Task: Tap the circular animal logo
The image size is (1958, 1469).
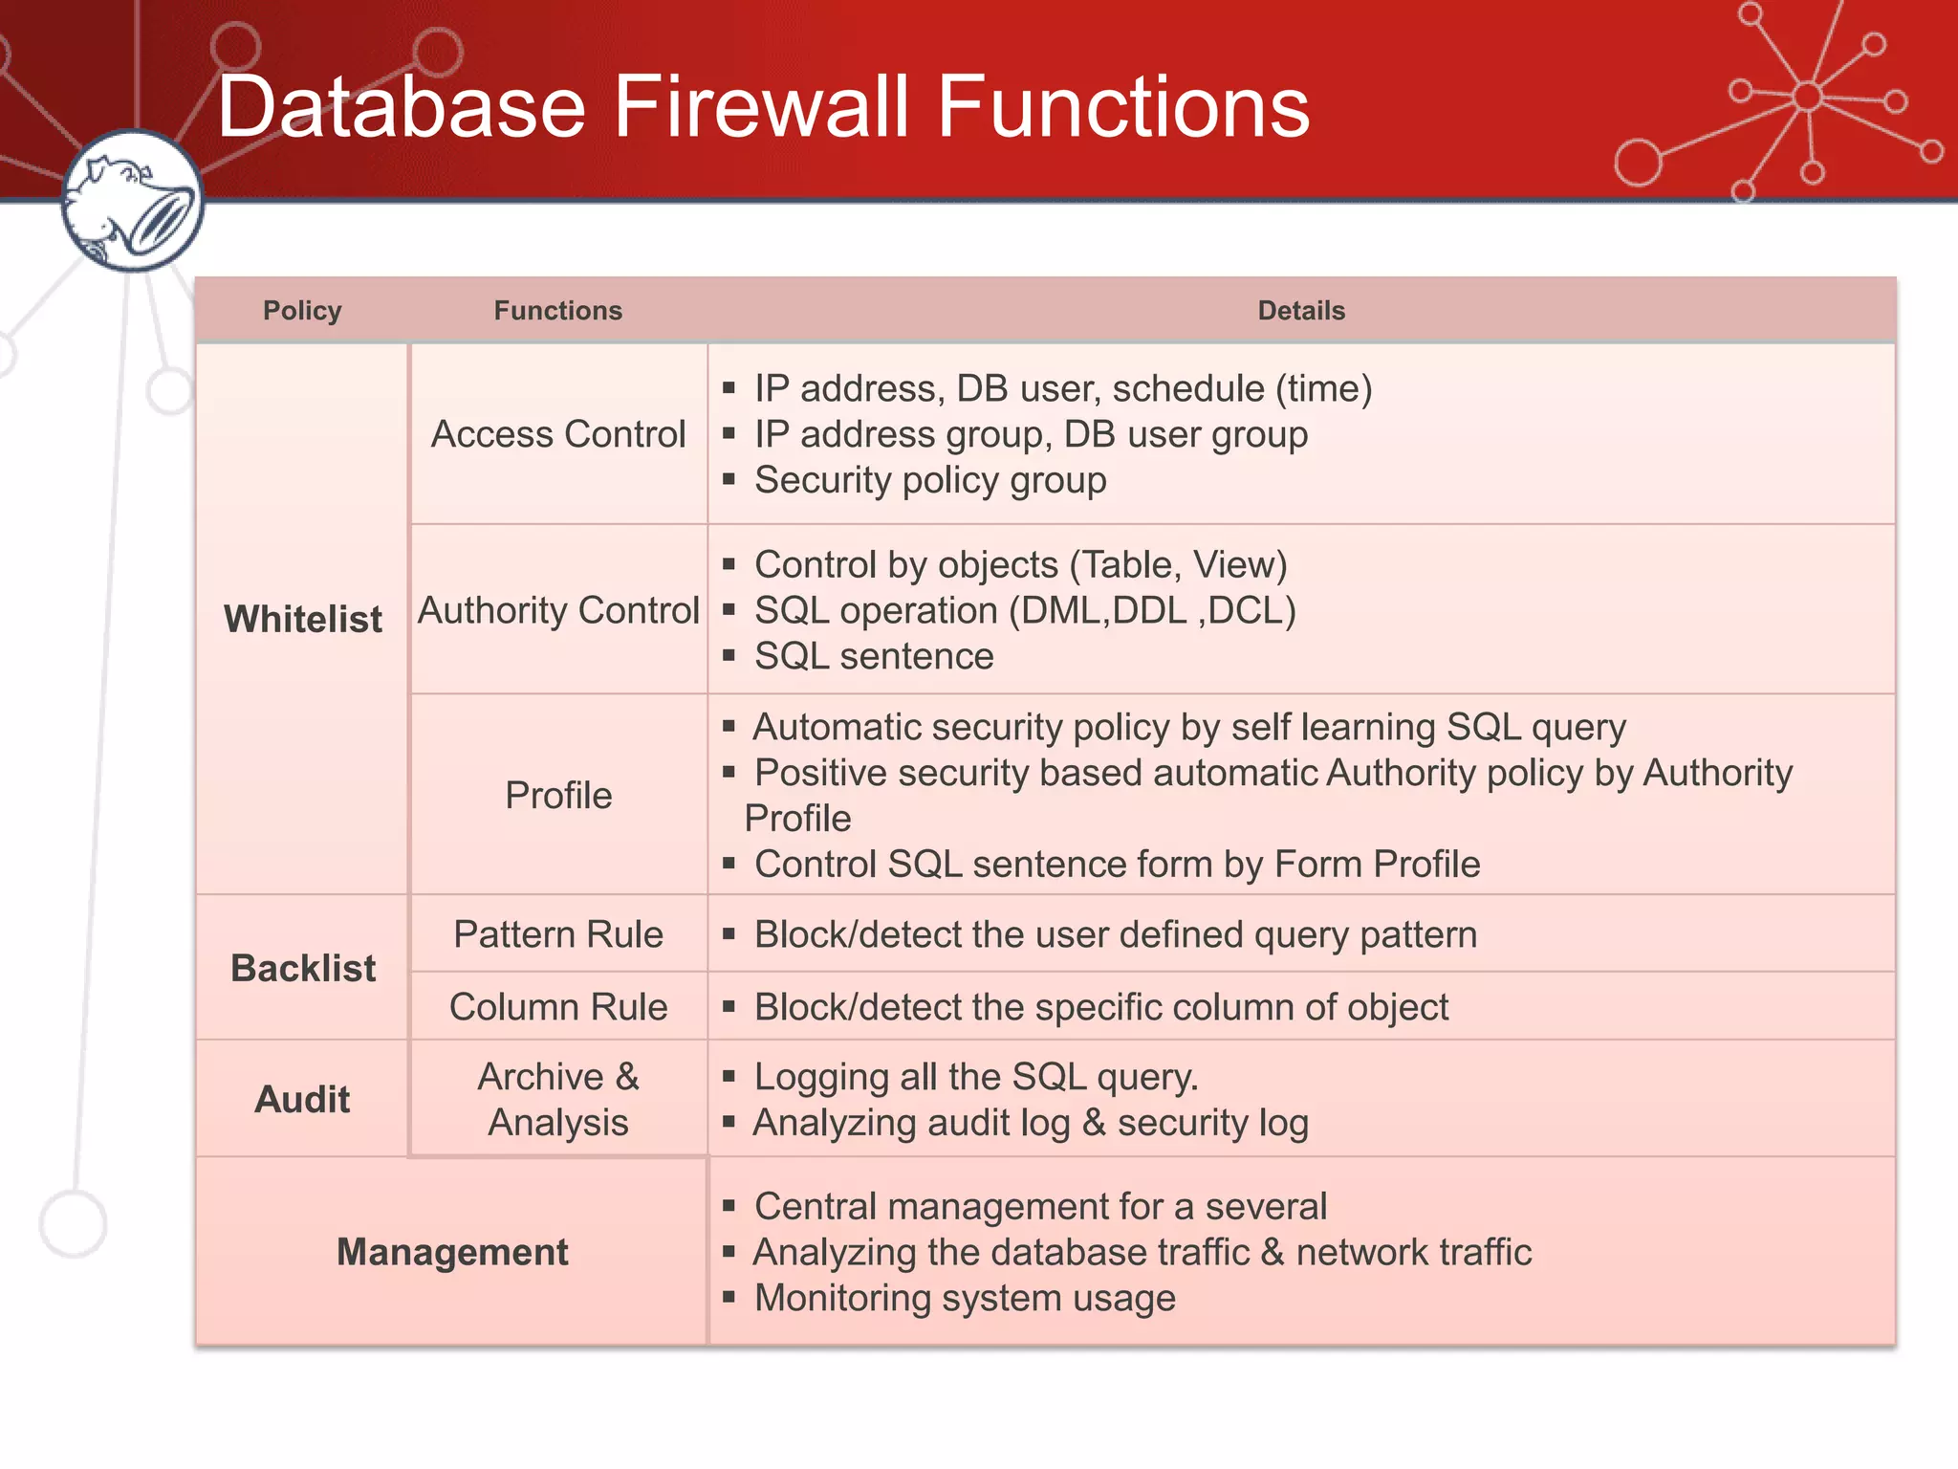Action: [132, 202]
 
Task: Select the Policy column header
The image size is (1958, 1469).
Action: [302, 311]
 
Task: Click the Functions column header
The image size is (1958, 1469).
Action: [557, 311]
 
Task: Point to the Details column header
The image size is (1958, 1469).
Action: [1300, 311]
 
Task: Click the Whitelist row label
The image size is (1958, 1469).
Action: [302, 619]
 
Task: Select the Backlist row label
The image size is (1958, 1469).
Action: [302, 968]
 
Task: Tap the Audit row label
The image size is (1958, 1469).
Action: [302, 1099]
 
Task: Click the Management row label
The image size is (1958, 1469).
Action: [451, 1252]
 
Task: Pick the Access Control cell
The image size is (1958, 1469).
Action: [558, 434]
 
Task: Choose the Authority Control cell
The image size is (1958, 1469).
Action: [558, 610]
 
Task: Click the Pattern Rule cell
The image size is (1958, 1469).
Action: [558, 934]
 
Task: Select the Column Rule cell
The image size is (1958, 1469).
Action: [558, 1007]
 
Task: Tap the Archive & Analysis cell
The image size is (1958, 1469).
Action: [558, 1099]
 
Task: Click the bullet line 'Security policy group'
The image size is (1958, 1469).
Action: [929, 480]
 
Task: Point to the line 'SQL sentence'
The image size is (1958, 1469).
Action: [873, 656]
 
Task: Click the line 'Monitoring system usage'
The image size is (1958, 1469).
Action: [964, 1298]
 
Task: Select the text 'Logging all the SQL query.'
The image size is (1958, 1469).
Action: [975, 1077]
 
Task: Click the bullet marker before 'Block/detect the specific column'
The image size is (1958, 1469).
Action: [729, 1007]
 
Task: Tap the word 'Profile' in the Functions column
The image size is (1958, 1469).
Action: [558, 796]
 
